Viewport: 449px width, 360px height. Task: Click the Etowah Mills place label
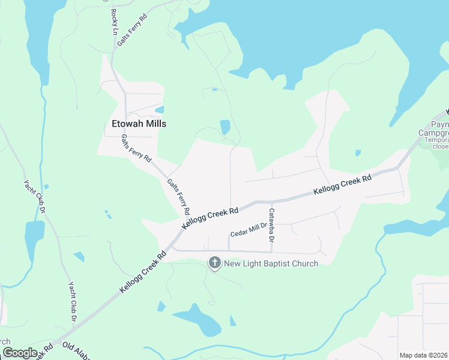tap(139, 124)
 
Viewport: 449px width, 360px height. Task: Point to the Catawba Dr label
tap(271, 223)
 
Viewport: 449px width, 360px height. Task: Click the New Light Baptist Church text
tap(271, 263)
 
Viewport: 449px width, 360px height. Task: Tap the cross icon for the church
tap(214, 262)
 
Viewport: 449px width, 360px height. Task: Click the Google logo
tap(20, 353)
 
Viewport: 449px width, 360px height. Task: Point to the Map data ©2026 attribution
tap(424, 355)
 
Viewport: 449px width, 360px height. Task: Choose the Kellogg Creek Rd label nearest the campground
tap(342, 185)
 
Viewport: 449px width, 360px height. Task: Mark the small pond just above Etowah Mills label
tap(160, 110)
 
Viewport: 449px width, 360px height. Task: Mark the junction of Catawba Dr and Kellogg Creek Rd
tap(268, 202)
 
